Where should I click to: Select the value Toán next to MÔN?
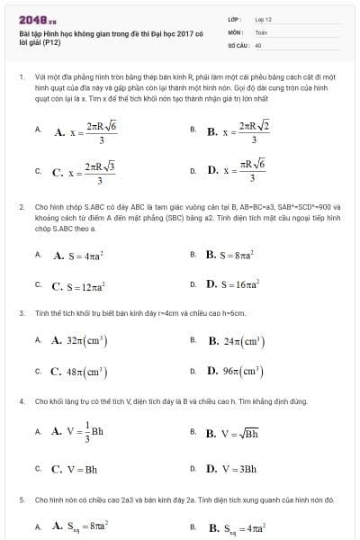tap(261, 31)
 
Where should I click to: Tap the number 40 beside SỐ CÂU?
tap(258, 43)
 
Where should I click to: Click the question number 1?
tap(21, 77)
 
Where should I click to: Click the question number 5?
tap(21, 498)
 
